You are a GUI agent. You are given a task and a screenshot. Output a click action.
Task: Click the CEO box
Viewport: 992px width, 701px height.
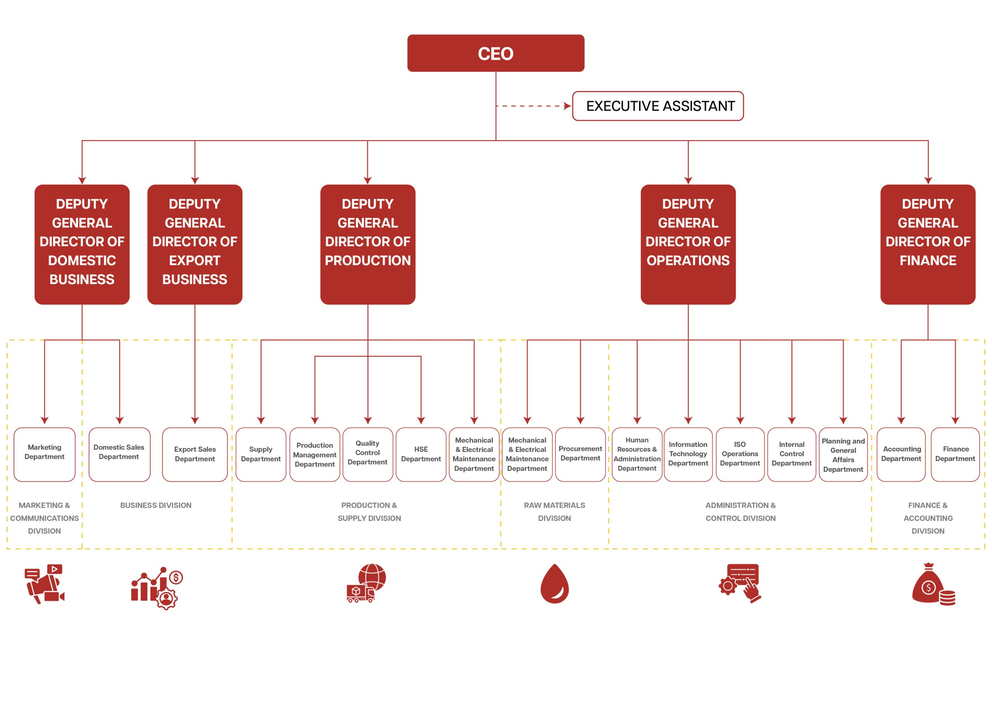pyautogui.click(x=496, y=53)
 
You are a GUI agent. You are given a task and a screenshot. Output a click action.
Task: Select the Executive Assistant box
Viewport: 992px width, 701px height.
pyautogui.click(x=658, y=106)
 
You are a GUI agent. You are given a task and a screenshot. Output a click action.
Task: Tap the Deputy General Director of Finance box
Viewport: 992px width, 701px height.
pyautogui.click(x=928, y=244)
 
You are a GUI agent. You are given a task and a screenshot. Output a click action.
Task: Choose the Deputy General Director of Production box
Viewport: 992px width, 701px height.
pyautogui.click(x=368, y=244)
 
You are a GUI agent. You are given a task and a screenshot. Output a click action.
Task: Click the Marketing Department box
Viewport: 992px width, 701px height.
pyautogui.click(x=45, y=454)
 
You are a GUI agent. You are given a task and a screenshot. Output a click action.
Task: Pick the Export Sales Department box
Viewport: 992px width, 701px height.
pyautogui.click(x=195, y=454)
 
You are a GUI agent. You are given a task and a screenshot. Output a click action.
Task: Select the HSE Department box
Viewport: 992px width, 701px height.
pyautogui.click(x=421, y=454)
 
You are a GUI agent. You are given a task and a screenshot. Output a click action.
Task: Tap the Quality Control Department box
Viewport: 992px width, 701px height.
pyautogui.click(x=368, y=454)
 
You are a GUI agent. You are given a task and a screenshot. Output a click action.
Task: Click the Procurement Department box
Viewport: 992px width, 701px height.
pyautogui.click(x=580, y=454)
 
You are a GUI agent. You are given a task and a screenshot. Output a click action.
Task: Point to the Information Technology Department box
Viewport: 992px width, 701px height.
pyautogui.click(x=688, y=454)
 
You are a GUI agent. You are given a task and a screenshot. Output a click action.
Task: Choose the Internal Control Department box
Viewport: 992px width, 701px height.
pyautogui.click(x=792, y=454)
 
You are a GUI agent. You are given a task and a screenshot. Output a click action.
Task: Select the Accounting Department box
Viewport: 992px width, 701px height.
pyautogui.click(x=901, y=454)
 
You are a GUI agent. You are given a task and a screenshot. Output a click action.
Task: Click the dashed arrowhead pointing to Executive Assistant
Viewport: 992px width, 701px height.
pyautogui.click(x=567, y=106)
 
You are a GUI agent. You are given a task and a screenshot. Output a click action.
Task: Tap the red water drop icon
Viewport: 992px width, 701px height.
pyautogui.click(x=555, y=584)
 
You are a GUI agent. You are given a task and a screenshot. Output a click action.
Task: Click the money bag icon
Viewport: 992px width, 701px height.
pyautogui.click(x=932, y=584)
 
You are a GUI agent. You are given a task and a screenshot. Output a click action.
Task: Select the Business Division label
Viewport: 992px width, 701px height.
pyautogui.click(x=155, y=505)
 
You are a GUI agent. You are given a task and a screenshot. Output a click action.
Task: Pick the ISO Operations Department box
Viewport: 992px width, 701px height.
pyautogui.click(x=740, y=454)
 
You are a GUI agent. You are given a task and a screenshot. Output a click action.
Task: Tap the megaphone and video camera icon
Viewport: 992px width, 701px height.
pyautogui.click(x=45, y=584)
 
